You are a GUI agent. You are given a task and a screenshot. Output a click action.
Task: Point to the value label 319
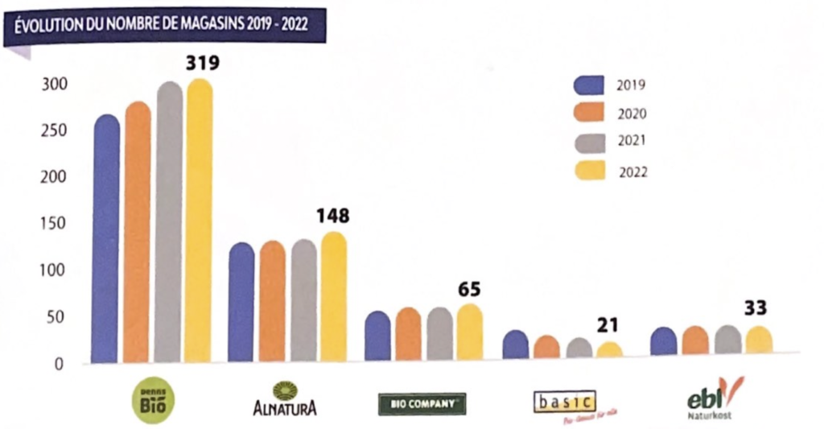coord(203,63)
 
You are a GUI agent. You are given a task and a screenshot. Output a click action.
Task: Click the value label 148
coord(332,216)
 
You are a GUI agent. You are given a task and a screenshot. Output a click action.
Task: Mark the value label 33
coord(755,307)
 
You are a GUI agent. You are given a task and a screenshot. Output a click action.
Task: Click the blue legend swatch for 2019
coord(590,85)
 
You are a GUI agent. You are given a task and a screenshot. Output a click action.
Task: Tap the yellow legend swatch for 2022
coord(590,171)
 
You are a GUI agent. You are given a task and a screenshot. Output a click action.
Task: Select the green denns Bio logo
coord(152,402)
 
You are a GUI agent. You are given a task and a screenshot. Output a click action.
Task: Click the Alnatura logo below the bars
coord(284,399)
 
